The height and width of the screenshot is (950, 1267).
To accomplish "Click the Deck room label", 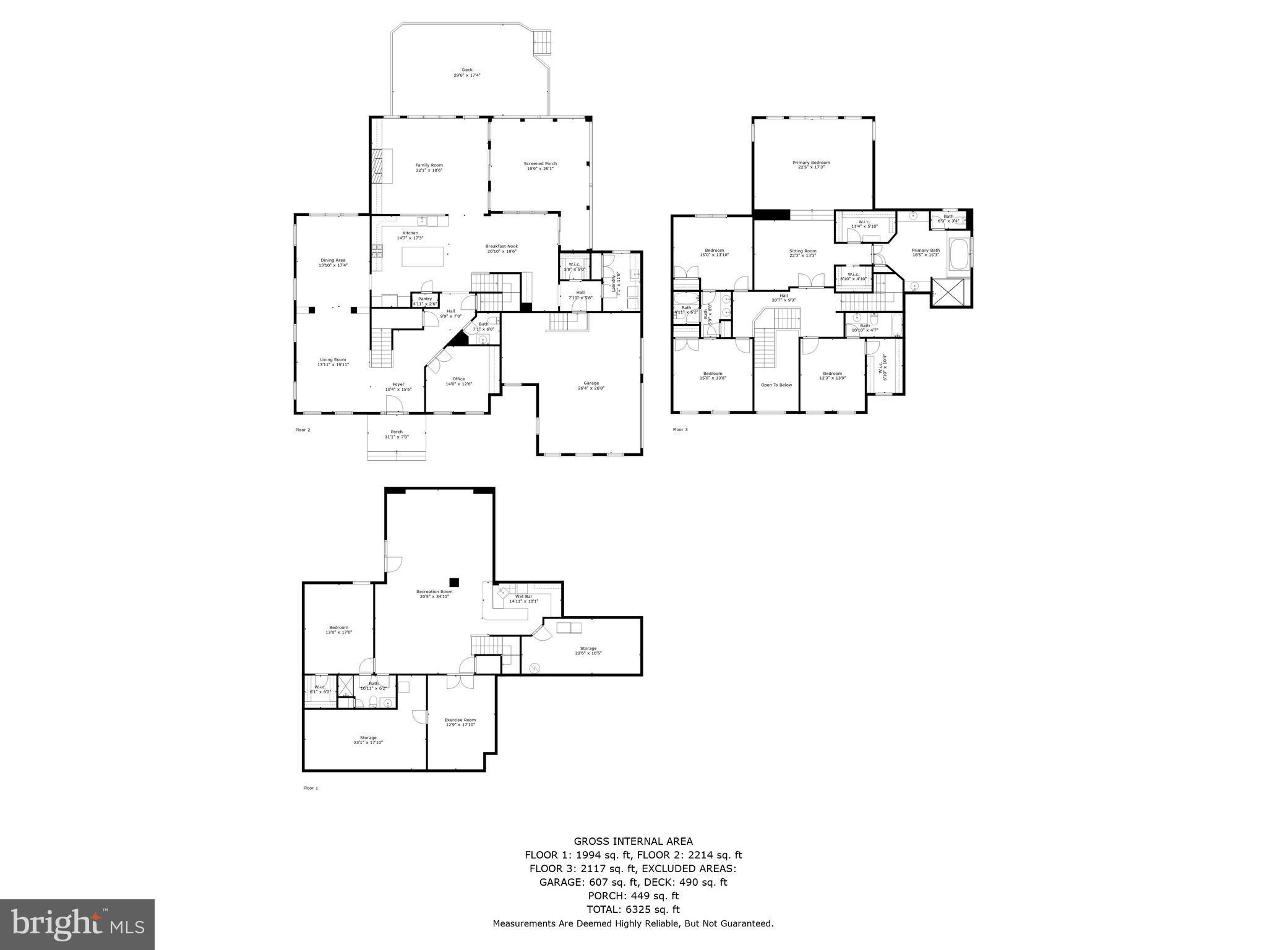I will (466, 72).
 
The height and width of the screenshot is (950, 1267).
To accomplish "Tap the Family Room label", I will (429, 167).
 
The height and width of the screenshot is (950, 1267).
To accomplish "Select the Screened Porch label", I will (540, 166).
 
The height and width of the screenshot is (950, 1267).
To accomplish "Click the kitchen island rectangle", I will (423, 257).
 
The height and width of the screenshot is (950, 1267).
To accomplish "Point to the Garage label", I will (591, 385).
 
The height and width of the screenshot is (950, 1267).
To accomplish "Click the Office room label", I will (458, 381).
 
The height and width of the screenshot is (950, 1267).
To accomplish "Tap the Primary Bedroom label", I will (811, 165).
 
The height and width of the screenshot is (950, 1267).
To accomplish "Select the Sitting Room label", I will (802, 253).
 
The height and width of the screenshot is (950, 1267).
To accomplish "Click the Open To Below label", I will (776, 385).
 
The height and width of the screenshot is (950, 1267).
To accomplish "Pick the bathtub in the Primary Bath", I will (959, 257).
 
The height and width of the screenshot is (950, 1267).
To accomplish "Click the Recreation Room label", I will (434, 594).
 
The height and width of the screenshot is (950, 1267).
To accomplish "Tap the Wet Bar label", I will (523, 599).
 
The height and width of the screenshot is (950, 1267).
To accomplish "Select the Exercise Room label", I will (460, 722).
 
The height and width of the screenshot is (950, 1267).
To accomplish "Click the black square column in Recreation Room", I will (455, 582).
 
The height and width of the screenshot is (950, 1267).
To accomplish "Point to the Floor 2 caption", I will (303, 429).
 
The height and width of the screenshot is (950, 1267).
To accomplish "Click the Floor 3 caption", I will (680, 429).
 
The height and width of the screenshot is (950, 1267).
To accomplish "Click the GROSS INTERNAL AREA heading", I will (633, 841).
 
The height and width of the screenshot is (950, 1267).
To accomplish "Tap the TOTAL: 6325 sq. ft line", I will (633, 909).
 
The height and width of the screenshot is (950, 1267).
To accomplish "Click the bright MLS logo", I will (77, 925).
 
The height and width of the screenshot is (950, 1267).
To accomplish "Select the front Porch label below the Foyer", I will (397, 434).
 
